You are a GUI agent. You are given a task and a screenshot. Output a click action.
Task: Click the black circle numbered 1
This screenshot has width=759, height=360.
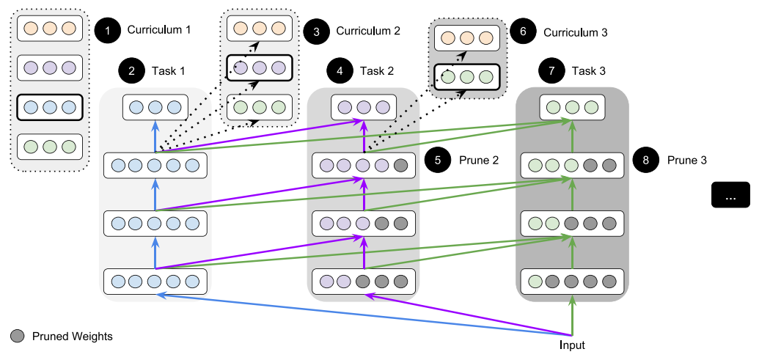[107, 31]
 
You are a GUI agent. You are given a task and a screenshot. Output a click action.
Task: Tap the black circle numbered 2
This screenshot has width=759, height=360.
[131, 72]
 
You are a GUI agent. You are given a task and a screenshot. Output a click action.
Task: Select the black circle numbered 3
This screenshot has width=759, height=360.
[316, 31]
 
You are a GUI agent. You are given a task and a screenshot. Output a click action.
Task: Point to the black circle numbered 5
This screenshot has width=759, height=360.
[439, 160]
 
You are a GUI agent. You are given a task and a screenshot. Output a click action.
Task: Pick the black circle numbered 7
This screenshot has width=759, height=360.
[551, 72]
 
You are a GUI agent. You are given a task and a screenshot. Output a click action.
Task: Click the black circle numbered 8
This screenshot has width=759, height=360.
[646, 160]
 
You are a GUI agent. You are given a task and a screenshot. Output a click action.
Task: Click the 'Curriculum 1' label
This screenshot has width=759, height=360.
[158, 31]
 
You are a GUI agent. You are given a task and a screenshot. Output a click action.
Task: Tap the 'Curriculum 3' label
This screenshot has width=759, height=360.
[575, 32]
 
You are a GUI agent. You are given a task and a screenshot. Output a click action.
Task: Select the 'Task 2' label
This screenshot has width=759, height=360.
[377, 72]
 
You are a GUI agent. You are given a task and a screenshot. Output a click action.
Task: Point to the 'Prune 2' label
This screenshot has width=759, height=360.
[479, 160]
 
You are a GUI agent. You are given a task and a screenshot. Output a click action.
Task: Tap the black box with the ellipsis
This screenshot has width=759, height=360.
[730, 196]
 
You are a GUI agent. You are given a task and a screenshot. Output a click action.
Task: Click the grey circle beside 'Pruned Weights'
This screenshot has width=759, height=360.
[18, 337]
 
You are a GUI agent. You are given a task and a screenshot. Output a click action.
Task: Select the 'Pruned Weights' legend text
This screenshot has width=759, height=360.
[72, 337]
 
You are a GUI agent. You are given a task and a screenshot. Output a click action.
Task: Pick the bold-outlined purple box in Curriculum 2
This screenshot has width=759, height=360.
[258, 68]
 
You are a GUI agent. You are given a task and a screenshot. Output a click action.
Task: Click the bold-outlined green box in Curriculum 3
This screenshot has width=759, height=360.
[466, 76]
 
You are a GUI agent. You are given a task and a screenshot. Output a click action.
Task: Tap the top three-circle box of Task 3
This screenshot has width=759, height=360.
[571, 107]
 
